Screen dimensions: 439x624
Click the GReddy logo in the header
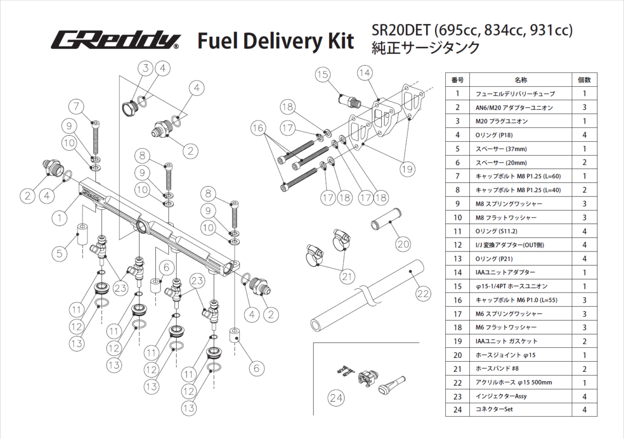(116, 40)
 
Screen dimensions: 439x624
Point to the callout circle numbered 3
(145, 68)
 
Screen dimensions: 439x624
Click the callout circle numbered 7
(77, 107)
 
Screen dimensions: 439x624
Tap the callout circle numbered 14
(365, 72)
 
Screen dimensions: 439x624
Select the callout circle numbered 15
(323, 75)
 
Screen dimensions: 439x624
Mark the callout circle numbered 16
(258, 128)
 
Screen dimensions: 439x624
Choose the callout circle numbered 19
(407, 169)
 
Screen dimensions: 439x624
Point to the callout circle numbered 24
(337, 398)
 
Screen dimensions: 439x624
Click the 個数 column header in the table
(584, 80)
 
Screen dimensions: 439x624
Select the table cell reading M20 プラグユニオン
(501, 121)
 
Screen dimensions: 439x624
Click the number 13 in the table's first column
(457, 258)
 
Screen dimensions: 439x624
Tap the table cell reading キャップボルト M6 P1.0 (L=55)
(516, 300)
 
